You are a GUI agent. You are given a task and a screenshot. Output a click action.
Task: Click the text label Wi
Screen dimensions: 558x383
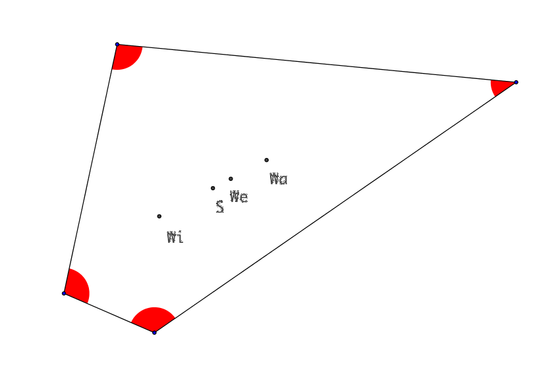tap(175, 237)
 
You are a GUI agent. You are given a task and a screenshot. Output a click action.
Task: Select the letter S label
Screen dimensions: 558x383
tap(220, 207)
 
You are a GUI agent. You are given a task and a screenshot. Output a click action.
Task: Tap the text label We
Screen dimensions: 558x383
tap(238, 196)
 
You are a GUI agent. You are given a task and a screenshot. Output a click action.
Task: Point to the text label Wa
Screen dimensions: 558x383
tap(279, 178)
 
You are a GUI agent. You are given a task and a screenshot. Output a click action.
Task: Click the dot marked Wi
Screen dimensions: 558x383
tap(159, 217)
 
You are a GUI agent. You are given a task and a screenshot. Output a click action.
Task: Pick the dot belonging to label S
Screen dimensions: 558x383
tap(213, 188)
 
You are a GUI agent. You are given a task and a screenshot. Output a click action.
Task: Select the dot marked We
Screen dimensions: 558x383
tap(231, 179)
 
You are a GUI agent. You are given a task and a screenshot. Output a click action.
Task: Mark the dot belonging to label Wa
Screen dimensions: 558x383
tap(267, 160)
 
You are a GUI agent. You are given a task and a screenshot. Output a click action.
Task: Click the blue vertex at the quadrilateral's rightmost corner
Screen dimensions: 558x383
tap(516, 82)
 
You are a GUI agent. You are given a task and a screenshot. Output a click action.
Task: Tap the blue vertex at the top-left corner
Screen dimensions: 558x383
tap(117, 45)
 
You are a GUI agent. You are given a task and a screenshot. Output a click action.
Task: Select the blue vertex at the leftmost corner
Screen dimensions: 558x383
tap(64, 294)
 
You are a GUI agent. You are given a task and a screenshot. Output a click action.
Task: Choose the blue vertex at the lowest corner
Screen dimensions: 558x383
tap(154, 332)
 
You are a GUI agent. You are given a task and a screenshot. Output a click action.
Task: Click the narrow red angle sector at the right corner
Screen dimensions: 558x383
tap(500, 86)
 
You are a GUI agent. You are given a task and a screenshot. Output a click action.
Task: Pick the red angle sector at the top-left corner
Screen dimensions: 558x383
tap(126, 55)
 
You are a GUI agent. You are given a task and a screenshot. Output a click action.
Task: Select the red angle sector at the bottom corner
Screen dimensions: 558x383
tap(153, 319)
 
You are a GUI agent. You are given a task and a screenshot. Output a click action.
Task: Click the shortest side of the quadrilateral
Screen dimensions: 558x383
tap(109, 313)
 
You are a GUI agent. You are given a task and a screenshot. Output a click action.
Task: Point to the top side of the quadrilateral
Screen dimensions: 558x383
tap(316, 63)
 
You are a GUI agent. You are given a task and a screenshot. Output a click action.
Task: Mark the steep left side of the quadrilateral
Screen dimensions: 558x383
tap(90, 169)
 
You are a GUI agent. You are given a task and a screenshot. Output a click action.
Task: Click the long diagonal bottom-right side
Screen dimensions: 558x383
tap(335, 207)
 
